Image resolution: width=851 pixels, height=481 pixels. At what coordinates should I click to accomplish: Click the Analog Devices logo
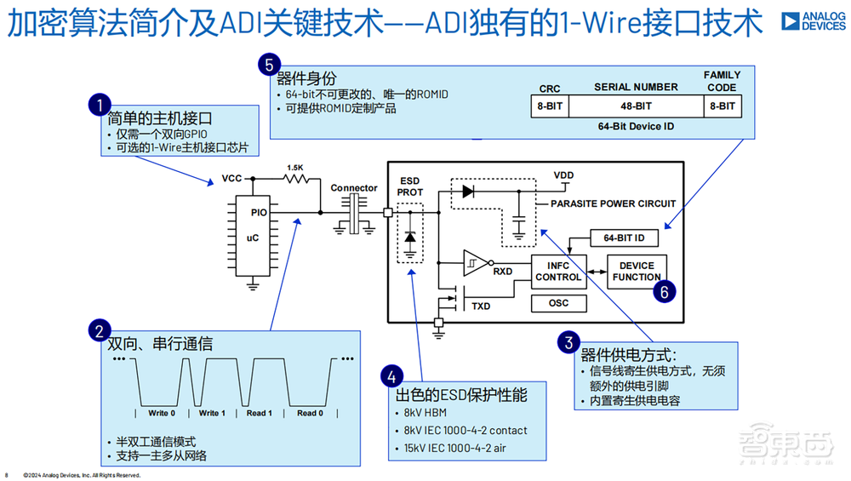(x=814, y=20)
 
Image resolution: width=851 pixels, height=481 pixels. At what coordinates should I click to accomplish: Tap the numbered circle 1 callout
(x=100, y=106)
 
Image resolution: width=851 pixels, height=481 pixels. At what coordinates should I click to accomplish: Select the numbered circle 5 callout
(x=269, y=65)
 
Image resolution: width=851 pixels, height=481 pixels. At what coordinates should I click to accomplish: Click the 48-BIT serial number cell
(x=635, y=106)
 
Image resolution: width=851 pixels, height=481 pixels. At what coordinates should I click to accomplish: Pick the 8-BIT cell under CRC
(x=549, y=106)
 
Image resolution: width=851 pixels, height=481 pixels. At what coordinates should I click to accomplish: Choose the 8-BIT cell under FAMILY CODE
(x=722, y=106)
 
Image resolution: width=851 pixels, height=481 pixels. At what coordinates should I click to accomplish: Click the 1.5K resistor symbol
(x=294, y=179)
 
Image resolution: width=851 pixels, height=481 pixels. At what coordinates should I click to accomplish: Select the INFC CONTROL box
(x=558, y=271)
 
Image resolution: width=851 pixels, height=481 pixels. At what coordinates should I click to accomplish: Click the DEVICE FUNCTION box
(x=637, y=271)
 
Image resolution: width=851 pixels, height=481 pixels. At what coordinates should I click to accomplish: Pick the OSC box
(x=558, y=302)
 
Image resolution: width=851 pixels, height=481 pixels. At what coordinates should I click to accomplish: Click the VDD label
(x=563, y=175)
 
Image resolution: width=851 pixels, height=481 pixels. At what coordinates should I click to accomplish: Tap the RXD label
(x=503, y=272)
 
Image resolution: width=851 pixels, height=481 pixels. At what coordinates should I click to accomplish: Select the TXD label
(x=481, y=305)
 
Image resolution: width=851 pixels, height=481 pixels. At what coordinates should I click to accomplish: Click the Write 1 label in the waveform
(x=212, y=413)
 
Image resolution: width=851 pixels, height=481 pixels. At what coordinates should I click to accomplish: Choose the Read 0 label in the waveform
(x=311, y=413)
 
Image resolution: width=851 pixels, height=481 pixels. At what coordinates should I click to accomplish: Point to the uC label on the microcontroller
(x=253, y=238)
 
